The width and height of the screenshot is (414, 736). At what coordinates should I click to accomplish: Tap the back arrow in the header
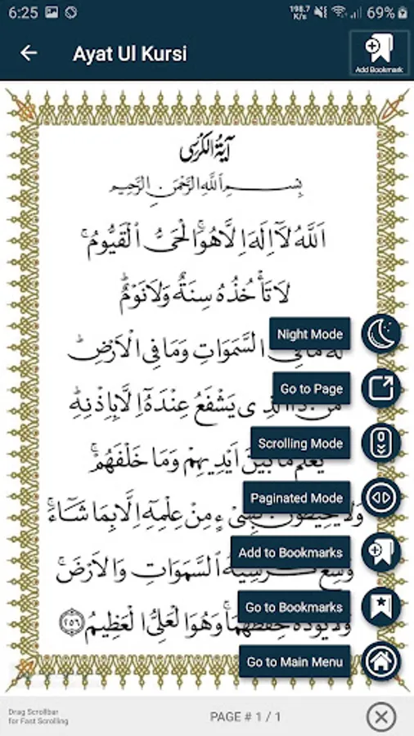point(29,53)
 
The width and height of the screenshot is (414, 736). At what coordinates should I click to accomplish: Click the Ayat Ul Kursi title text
point(129,54)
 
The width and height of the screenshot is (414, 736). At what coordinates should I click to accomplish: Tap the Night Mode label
point(309,334)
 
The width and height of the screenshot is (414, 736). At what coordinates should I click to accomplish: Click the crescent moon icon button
point(381,334)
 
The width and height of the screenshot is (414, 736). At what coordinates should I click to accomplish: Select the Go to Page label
point(311,389)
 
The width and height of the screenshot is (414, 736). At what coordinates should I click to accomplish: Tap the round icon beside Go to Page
point(381,388)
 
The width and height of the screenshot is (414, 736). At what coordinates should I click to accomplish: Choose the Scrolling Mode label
point(300,443)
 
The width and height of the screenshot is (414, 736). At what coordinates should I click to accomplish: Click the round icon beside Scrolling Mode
point(381,443)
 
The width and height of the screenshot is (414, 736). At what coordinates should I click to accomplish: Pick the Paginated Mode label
point(296,498)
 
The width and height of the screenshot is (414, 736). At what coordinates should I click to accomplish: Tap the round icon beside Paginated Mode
point(381,497)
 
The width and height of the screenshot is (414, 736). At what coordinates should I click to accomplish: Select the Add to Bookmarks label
point(290,553)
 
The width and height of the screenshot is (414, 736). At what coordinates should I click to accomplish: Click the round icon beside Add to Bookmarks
point(381,551)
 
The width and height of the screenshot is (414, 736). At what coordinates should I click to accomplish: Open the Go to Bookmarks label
point(294,608)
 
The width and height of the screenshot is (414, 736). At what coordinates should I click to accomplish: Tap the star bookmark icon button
point(381,607)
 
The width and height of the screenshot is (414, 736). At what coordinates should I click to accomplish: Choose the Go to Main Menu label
point(295,662)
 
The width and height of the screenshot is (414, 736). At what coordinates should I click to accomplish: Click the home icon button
point(381,661)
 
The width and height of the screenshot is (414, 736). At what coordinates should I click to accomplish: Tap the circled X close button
point(380,717)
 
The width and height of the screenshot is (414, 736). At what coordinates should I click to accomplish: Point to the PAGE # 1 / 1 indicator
point(245,717)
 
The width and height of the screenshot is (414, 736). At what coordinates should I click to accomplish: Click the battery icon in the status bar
point(403,12)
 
